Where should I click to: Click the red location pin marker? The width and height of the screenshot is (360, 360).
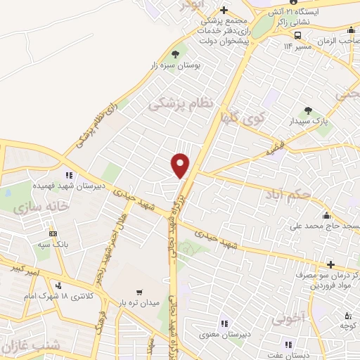point(181,165)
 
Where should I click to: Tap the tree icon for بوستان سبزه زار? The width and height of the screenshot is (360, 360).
point(175,54)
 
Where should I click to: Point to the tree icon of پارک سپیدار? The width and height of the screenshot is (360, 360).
point(308,110)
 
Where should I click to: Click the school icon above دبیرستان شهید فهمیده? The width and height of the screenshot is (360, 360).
point(68,175)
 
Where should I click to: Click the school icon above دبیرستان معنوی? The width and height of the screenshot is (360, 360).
point(223,323)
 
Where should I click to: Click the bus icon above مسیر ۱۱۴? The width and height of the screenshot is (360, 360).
point(298,34)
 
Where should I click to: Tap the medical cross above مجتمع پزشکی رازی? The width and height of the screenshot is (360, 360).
point(224,11)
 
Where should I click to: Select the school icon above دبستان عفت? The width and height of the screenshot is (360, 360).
point(287,345)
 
